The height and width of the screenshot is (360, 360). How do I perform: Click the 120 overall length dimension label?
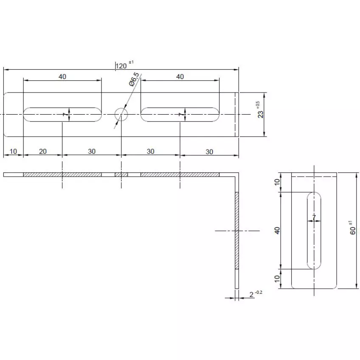(x=121, y=65)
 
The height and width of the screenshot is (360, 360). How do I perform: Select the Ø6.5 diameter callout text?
(x=134, y=80)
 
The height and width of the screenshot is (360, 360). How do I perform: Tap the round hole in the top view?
(x=121, y=114)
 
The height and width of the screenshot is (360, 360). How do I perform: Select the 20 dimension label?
(x=43, y=152)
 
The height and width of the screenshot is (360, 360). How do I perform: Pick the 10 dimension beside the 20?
(x=13, y=152)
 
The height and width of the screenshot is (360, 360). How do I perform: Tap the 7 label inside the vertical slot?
(x=314, y=217)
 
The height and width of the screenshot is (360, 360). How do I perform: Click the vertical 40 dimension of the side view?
(x=278, y=231)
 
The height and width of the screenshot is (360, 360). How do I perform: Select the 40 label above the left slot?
(x=62, y=77)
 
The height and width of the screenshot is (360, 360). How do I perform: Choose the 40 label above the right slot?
(x=180, y=77)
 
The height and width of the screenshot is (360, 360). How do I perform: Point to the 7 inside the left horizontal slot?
(x=65, y=115)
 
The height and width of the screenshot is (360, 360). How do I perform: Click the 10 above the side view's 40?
(x=278, y=183)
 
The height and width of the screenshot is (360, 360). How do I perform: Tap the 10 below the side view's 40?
(x=278, y=279)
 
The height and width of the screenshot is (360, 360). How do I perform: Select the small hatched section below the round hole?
(x=121, y=174)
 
